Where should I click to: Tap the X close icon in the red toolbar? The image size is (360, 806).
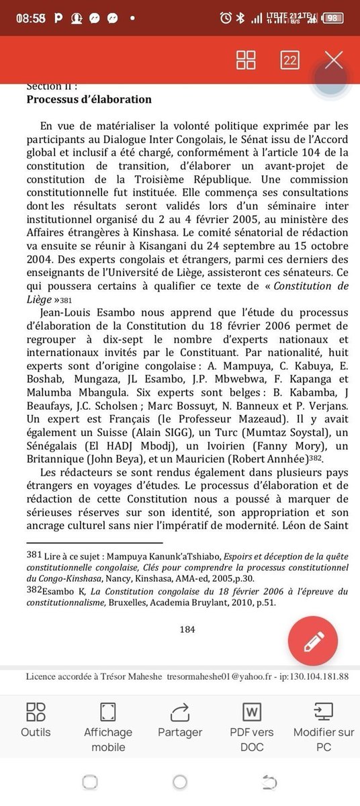(334, 60)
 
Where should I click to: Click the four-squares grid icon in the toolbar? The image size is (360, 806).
(246, 60)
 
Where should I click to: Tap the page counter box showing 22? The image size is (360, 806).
(289, 60)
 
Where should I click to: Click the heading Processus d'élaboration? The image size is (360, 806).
(89, 99)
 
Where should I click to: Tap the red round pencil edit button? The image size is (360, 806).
(313, 641)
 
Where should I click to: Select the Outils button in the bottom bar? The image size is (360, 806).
(36, 719)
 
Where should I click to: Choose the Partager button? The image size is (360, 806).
(180, 719)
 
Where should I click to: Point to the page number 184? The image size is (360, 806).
(187, 629)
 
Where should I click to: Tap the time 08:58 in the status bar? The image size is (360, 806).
(30, 18)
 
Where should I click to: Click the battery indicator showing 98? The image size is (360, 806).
(332, 18)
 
